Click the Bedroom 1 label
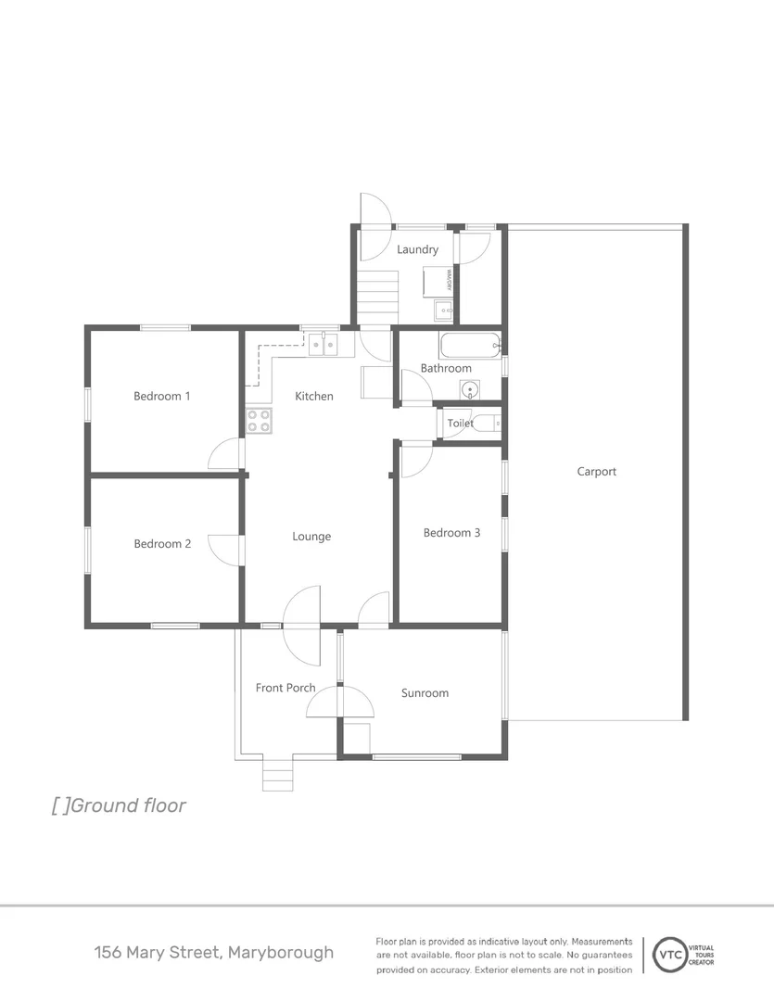point(162,396)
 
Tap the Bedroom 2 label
point(162,544)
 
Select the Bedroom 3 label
point(451,533)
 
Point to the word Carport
point(596,472)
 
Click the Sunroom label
point(425,693)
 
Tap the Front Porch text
point(285,688)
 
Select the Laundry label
point(417,249)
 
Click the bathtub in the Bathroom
point(470,347)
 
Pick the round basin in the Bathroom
point(470,390)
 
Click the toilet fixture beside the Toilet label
point(487,424)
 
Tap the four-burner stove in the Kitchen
point(259,421)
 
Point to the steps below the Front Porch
point(277,774)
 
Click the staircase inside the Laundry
point(377,296)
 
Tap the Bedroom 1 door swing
point(225,454)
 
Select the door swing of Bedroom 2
point(225,549)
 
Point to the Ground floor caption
point(119,805)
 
